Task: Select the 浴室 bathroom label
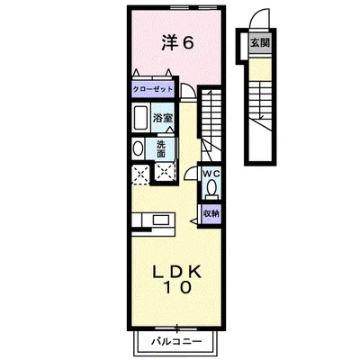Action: (164, 117)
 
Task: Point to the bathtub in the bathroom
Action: (142, 118)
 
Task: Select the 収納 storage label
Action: (210, 212)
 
